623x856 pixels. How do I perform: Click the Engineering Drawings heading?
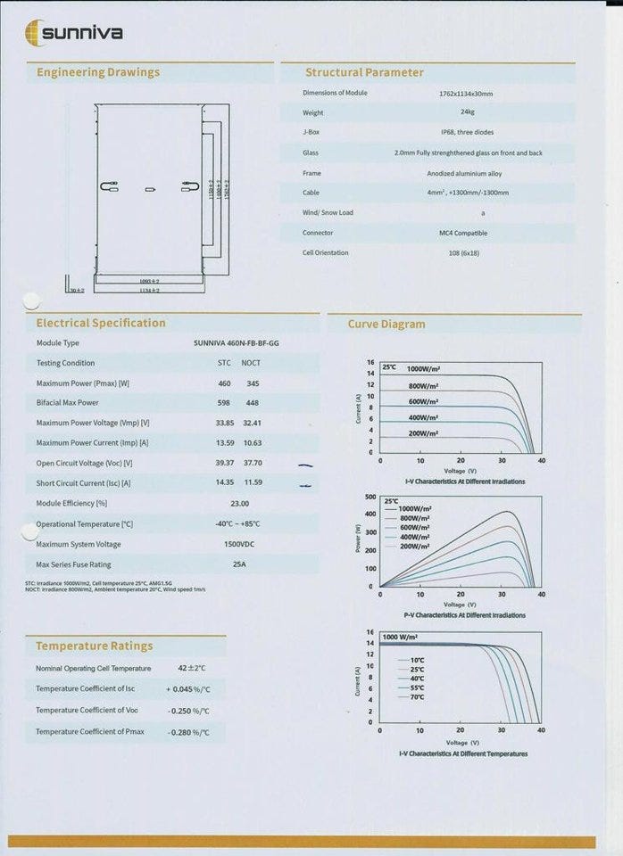point(97,72)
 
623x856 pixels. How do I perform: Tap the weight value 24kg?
point(467,113)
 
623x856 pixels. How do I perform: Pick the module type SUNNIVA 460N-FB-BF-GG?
point(242,343)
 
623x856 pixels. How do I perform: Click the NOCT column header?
point(251,363)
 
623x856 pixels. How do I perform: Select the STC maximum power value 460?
point(225,383)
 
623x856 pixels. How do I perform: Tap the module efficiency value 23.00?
point(239,503)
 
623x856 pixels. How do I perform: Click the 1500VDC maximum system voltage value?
point(238,544)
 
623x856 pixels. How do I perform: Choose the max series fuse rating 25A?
point(238,564)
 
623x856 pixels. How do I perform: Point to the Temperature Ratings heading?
point(94,646)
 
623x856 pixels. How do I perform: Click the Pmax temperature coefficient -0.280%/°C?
point(189,732)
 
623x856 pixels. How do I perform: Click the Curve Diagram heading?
point(386,325)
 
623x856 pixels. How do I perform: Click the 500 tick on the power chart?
point(370,496)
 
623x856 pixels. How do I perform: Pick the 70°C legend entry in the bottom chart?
point(418,696)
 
